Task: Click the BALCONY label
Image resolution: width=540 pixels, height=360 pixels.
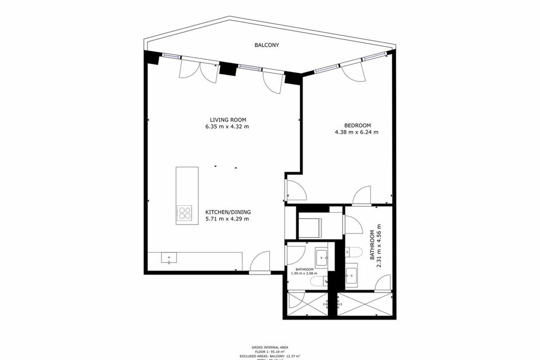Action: tap(266, 44)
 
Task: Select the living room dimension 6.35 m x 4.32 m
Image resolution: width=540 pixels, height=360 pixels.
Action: tap(227, 127)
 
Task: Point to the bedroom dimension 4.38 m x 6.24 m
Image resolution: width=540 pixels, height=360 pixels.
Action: tap(357, 133)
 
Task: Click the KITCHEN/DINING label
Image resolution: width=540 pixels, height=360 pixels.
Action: tap(227, 211)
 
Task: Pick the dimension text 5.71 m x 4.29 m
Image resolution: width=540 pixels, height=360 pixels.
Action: tap(227, 219)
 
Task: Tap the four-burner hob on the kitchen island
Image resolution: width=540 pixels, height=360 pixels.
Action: tap(184, 213)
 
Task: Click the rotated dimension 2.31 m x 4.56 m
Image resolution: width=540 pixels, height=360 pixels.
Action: tap(381, 245)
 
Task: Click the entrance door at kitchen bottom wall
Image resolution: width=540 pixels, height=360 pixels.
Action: tap(260, 264)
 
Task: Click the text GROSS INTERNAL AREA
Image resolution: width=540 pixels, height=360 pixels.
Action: tap(269, 348)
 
